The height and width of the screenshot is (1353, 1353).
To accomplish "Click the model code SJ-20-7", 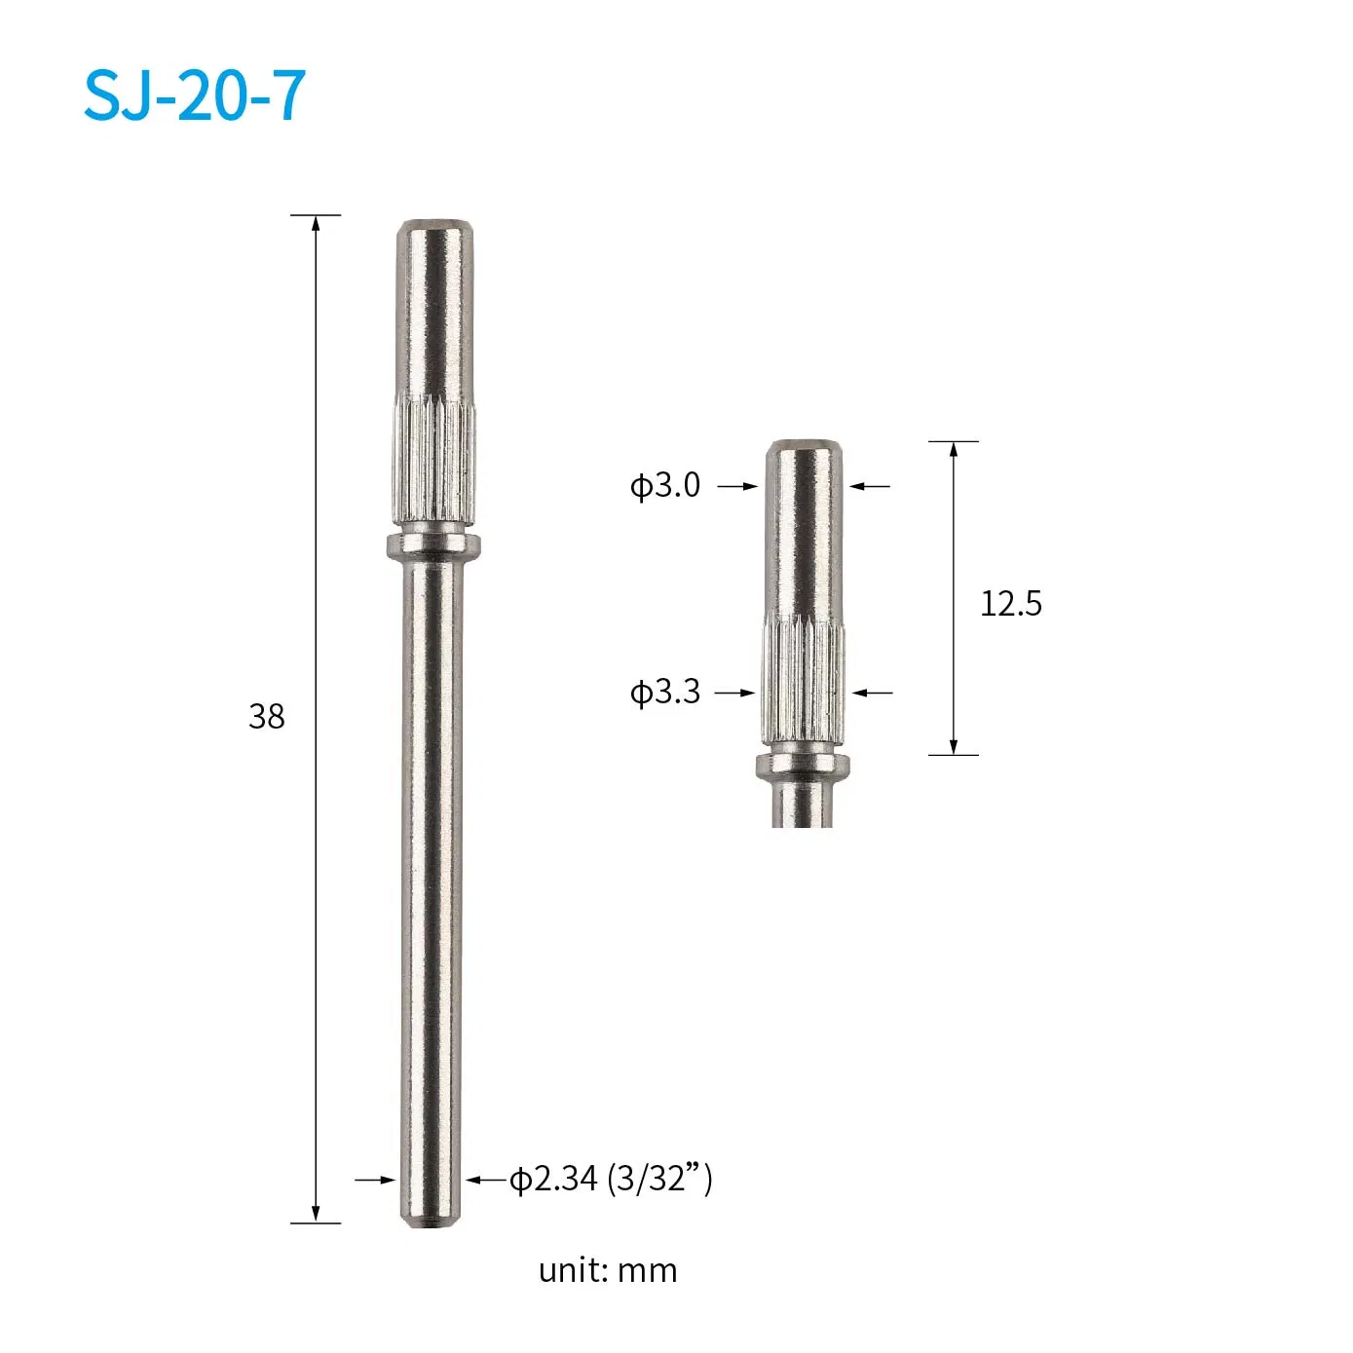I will (x=195, y=95).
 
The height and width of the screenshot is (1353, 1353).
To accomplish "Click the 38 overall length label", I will (x=266, y=717).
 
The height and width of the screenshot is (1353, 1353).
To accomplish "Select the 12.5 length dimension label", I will (x=1010, y=604).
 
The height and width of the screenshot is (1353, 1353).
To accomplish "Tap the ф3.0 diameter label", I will (x=665, y=485).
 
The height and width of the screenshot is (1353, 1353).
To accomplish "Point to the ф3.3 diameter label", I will (x=665, y=693).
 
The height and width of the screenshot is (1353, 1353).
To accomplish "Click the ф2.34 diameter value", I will (x=553, y=1179).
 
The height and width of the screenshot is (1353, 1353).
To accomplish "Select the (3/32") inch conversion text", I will (x=659, y=1179).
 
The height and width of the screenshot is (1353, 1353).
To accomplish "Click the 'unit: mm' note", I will (x=607, y=1270).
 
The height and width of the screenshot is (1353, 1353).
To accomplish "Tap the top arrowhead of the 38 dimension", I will (x=316, y=223).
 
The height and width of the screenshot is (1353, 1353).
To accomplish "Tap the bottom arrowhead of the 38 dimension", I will (x=316, y=1215).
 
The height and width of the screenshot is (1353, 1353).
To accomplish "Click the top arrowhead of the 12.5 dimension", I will (x=954, y=449).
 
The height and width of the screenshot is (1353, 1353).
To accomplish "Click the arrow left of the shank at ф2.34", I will (x=375, y=1180).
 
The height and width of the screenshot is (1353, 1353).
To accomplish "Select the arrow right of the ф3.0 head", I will (x=870, y=485).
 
